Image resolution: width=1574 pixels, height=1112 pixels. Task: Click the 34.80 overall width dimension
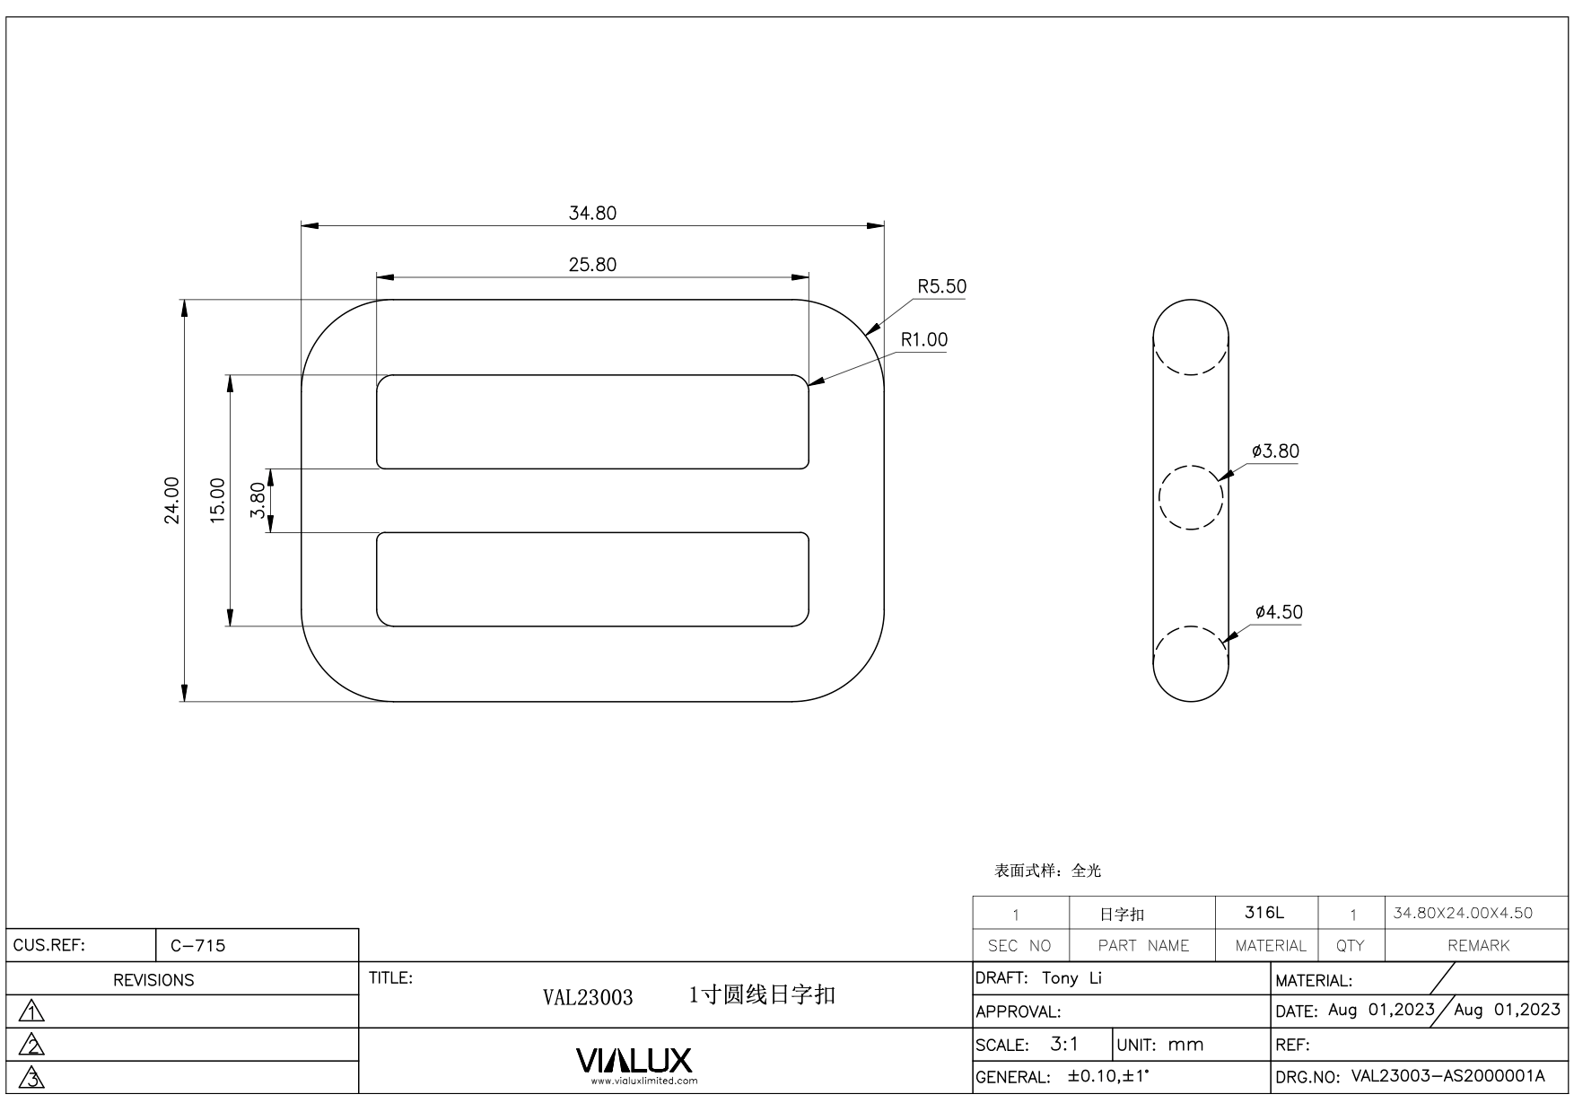[x=592, y=214]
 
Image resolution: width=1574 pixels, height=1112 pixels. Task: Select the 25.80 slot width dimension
[x=592, y=265]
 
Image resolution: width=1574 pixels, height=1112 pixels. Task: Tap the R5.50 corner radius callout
[x=941, y=287]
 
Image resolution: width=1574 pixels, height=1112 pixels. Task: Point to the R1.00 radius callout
[x=923, y=340]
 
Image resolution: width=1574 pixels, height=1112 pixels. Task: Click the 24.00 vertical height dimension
[x=171, y=500]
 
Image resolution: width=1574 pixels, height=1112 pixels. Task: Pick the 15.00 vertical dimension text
[x=217, y=500]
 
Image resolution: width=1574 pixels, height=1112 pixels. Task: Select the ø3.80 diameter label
[x=1275, y=451]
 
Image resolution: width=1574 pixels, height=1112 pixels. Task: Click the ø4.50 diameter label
[x=1279, y=613]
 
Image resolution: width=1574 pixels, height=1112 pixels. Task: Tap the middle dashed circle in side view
[x=1191, y=497]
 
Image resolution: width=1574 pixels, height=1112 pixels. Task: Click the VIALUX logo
[x=634, y=1061]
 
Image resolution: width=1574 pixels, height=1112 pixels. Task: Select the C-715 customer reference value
[x=197, y=945]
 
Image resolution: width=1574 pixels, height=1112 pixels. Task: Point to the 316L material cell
[x=1264, y=913]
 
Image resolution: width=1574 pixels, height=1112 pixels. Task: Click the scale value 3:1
[x=1064, y=1045]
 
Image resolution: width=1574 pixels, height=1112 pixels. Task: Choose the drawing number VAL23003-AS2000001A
[x=1447, y=1077]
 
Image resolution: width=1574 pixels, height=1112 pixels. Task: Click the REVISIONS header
[x=153, y=980]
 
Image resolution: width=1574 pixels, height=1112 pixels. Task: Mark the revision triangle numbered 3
[x=32, y=1078]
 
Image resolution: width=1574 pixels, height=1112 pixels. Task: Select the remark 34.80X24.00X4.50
[x=1463, y=914]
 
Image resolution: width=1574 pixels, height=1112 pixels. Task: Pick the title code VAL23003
[x=588, y=997]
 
